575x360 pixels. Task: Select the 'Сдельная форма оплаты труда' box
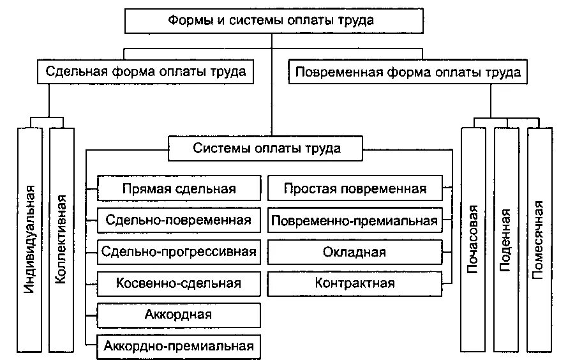coord(146,71)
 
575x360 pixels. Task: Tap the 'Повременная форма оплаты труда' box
coord(408,71)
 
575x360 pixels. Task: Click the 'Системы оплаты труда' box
coord(265,148)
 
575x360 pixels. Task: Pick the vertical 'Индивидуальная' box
coord(30,239)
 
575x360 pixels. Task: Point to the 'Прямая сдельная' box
coord(179,189)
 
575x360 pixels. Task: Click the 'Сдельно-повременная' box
coord(179,220)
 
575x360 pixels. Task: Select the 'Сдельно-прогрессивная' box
coord(179,251)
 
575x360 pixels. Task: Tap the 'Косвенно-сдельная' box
coord(179,283)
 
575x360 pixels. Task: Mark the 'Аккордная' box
coord(179,315)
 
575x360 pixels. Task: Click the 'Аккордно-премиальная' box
coord(179,346)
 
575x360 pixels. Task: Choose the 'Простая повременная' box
coord(355,189)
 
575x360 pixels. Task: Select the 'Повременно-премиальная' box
coord(355,220)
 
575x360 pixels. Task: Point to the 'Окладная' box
coord(355,251)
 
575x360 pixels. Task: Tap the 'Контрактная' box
coord(355,283)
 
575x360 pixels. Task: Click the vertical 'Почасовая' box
coord(474,239)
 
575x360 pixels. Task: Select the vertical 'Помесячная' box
coord(541,239)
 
